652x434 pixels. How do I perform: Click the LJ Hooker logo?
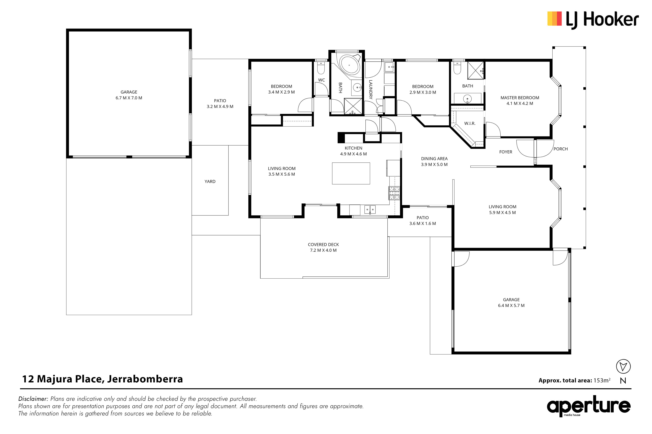coord(593,20)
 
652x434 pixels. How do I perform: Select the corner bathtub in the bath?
coord(348,65)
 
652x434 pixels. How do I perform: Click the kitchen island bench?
coord(351,173)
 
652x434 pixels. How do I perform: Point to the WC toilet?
coord(321,68)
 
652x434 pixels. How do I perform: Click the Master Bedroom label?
coord(520,98)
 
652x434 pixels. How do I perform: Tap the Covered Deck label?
coord(323,244)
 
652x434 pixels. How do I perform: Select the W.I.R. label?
coord(470,124)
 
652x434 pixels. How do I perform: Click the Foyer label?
coord(506,152)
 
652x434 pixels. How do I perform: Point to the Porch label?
coord(561,149)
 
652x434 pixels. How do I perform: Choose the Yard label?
coord(210,182)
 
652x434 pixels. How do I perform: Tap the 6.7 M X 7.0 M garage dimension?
coord(129,98)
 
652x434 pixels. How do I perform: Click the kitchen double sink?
coord(370,210)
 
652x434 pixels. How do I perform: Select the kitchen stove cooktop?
coord(394,193)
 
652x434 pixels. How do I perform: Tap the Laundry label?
coord(371,89)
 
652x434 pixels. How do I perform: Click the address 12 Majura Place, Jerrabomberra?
coord(103,379)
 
